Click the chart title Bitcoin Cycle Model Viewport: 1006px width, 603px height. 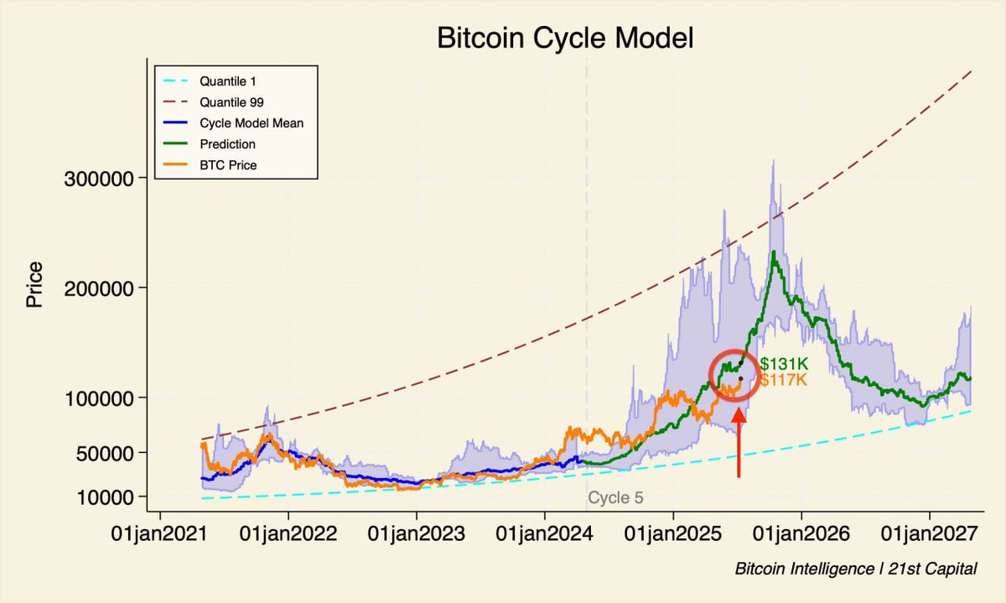point(565,39)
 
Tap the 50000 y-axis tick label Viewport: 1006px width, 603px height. point(104,453)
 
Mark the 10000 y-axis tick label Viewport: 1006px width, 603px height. point(104,496)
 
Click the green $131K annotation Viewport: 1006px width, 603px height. point(783,365)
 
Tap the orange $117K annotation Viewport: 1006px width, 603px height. point(783,381)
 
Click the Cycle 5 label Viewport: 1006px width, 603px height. point(615,498)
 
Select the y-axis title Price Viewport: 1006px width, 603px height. point(34,285)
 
